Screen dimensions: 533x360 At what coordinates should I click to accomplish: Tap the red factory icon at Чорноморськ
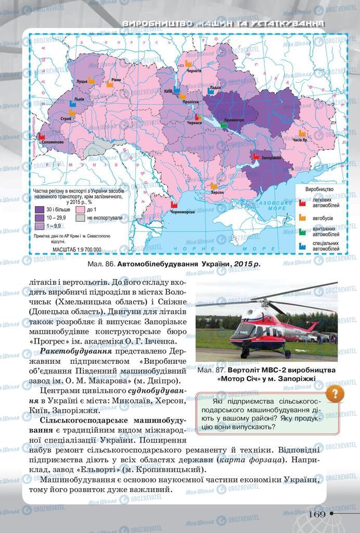point(174,205)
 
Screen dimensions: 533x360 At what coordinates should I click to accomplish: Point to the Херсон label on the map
point(217,192)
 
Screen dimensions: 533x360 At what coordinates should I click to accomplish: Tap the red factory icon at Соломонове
point(42,136)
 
